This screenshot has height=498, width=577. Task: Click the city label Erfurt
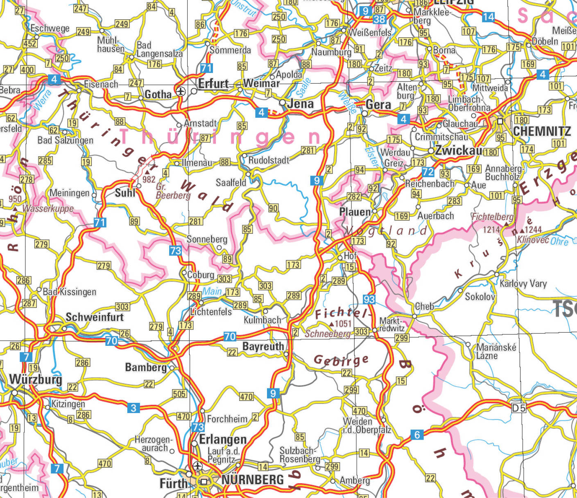213,84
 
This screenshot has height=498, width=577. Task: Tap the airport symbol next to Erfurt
181,91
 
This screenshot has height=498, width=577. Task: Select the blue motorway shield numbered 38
379,19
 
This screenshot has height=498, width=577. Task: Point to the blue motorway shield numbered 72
428,172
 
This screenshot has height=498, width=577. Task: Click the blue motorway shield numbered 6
417,435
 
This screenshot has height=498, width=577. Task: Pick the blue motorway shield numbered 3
133,408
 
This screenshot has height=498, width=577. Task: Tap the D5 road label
518,408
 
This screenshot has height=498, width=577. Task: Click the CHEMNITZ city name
541,131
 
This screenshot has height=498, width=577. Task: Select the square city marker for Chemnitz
500,121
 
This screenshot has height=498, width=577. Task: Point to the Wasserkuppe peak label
48,208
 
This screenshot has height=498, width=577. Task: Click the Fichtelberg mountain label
492,216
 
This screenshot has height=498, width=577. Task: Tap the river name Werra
42,100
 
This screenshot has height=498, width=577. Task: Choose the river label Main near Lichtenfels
212,291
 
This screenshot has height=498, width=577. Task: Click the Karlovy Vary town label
523,283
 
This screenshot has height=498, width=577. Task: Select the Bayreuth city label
263,347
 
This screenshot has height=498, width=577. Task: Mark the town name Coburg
201,275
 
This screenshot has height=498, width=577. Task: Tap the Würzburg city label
36,379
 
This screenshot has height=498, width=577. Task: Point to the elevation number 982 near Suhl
149,179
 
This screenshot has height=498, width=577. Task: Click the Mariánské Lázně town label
496,352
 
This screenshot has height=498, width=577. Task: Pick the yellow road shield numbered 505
179,394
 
